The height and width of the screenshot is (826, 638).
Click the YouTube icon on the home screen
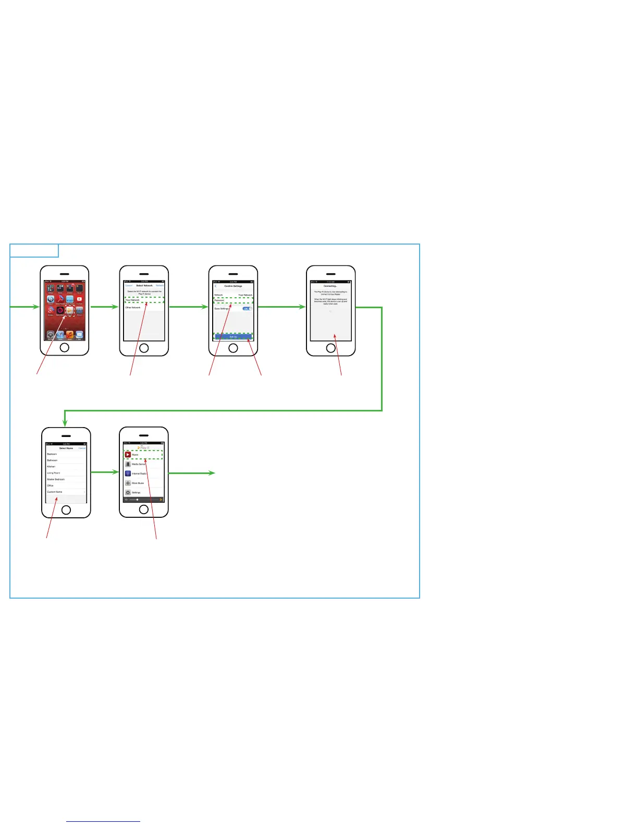pos(79,299)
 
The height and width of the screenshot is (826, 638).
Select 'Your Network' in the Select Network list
pos(132,300)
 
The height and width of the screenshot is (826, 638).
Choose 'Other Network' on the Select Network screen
pos(133,308)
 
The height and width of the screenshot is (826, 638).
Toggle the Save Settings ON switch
pos(247,309)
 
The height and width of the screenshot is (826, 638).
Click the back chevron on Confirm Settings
pos(216,286)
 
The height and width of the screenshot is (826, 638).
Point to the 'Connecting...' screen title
pos(330,286)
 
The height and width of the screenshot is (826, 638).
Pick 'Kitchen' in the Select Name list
pos(51,467)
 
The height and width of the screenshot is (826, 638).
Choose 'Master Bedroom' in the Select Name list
pos(56,479)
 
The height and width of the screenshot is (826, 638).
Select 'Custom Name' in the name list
pos(55,492)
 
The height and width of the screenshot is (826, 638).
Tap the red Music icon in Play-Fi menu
pos(128,455)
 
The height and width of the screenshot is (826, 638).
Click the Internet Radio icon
pos(128,473)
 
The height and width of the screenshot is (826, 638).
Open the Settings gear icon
pos(128,492)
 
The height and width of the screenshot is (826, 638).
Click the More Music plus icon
pos(128,483)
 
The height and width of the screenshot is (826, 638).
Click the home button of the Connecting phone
pos(331,348)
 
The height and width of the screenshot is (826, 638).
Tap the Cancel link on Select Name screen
pos(82,448)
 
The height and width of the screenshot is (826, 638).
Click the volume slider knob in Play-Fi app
pos(137,500)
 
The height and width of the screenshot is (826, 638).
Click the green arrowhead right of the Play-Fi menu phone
pos(212,473)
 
